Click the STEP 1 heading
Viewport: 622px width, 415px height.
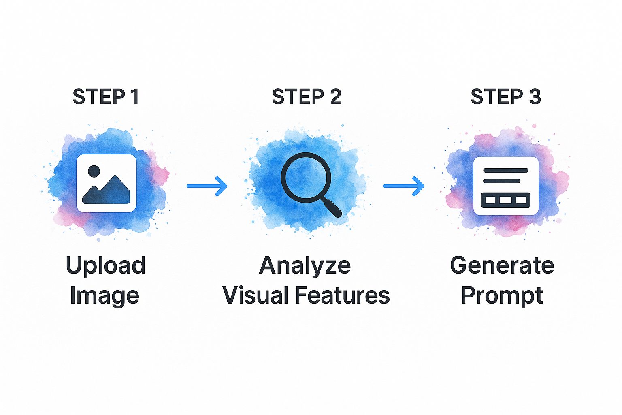pos(106,97)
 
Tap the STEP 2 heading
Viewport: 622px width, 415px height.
pos(307,97)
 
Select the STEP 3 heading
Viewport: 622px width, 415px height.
pos(505,97)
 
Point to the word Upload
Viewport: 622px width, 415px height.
pos(105,266)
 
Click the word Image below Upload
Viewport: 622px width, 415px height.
pos(104,296)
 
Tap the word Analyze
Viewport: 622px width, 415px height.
pos(305,266)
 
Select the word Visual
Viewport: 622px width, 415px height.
pos(256,295)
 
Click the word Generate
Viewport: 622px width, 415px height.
pos(502,265)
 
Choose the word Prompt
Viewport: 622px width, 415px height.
pos(502,296)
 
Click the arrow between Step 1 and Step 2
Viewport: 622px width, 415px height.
pos(207,186)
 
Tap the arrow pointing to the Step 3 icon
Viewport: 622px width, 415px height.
pos(404,186)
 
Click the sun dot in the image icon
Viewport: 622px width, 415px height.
pos(93,171)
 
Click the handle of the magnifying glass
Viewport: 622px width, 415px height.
pos(332,207)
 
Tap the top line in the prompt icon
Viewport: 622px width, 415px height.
pos(505,170)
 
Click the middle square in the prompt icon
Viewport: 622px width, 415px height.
pos(505,200)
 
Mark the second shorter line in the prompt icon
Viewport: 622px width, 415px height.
pos(502,181)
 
